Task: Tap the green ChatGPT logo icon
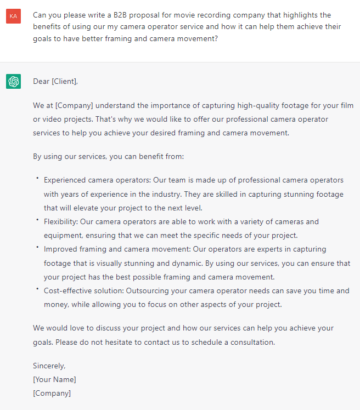pos(13,82)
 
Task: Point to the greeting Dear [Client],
pos(55,82)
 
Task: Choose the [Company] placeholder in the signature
pos(52,393)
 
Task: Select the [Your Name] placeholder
pos(54,379)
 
